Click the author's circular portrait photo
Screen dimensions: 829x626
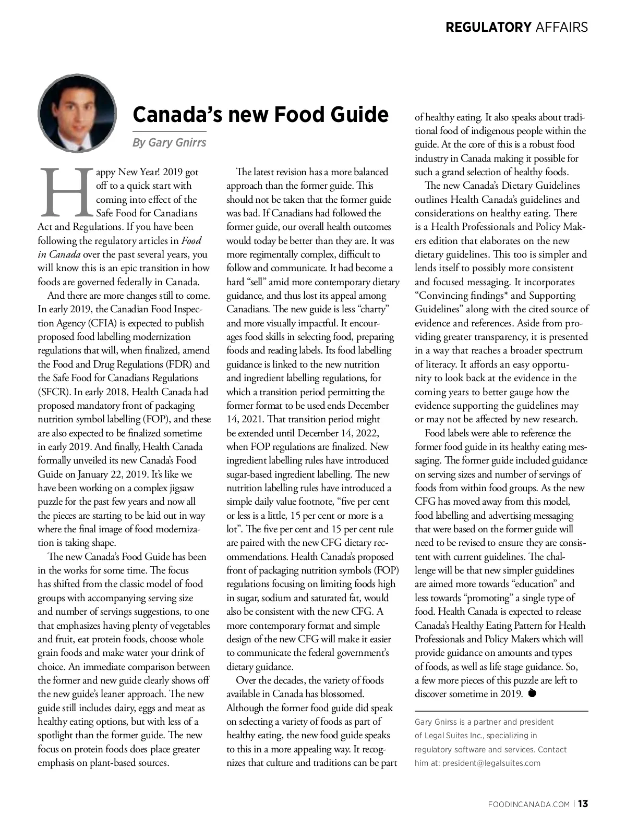(x=77, y=114)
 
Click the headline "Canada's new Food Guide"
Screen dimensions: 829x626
(x=260, y=114)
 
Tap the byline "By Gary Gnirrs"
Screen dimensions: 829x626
(x=169, y=142)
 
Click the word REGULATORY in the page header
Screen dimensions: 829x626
(x=488, y=27)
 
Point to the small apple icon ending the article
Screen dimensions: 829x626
(x=532, y=693)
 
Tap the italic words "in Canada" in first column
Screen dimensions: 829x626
(x=59, y=254)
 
